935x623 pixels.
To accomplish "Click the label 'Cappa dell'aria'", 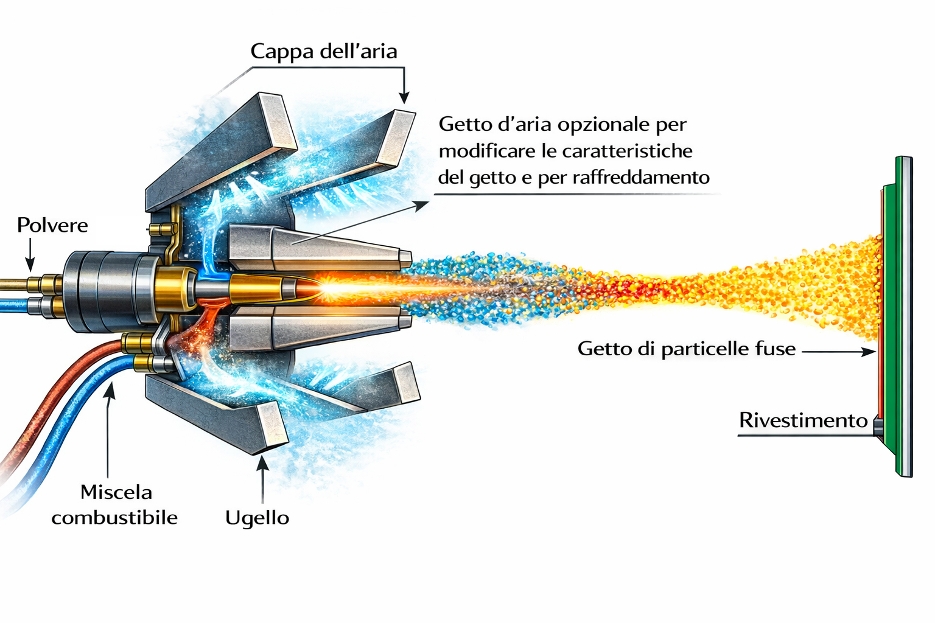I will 323,51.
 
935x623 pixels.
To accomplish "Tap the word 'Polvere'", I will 52,226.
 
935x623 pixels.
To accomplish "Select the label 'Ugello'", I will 257,518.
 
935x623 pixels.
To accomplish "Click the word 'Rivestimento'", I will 803,420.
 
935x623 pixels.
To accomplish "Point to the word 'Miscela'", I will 116,492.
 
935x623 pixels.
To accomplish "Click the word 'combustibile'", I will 114,518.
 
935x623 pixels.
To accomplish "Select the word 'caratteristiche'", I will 627,151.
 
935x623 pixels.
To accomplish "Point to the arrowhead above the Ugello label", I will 262,464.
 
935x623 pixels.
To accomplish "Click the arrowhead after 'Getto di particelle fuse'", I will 869,351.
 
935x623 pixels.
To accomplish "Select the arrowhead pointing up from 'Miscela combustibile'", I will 110,391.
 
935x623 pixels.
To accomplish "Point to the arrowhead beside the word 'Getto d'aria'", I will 421,205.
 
